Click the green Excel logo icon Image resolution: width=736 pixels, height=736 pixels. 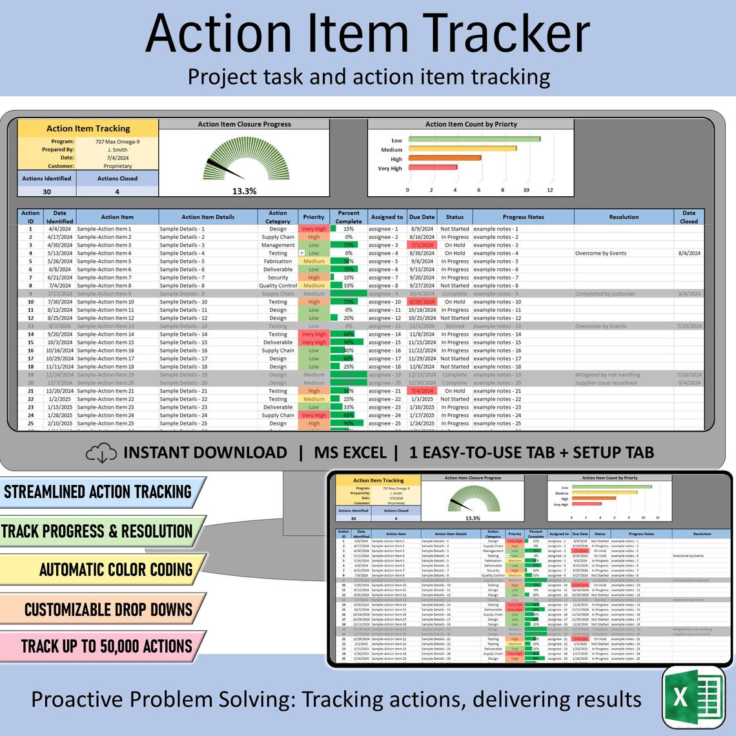[x=694, y=698]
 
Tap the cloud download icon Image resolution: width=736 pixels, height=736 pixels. [x=101, y=453]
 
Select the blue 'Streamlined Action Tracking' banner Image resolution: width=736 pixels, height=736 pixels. [x=100, y=492]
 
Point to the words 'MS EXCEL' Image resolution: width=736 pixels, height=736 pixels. [x=350, y=453]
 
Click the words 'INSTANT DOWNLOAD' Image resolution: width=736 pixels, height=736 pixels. [x=205, y=453]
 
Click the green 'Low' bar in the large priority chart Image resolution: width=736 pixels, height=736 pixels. [x=474, y=139]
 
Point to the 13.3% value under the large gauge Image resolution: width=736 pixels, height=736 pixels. [x=244, y=191]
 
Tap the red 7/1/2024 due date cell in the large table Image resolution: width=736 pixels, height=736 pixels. [x=422, y=245]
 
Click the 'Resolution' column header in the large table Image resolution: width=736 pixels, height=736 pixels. [x=624, y=217]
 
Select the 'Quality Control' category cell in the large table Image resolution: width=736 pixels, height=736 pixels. [x=278, y=285]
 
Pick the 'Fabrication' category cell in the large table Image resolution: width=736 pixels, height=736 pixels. [x=278, y=261]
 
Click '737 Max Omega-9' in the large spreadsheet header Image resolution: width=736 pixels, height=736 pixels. [x=117, y=141]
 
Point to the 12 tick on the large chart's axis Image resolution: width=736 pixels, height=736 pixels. [x=550, y=190]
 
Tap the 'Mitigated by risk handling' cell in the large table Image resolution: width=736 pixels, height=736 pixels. [x=608, y=374]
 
